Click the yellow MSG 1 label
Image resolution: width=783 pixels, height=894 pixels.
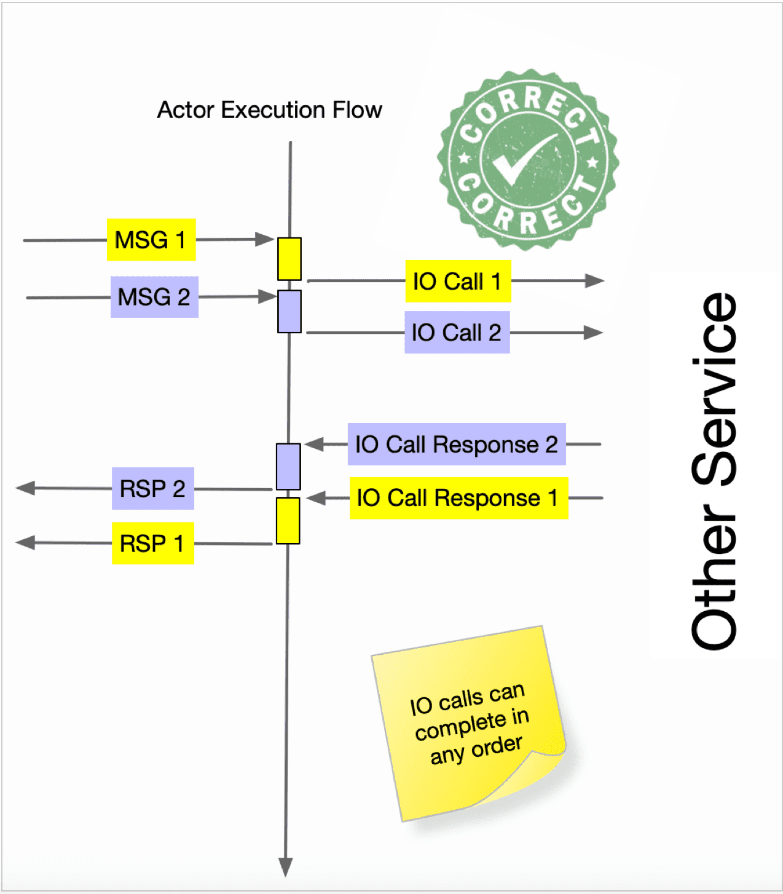pyautogui.click(x=151, y=240)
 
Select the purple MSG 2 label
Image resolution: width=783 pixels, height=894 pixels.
pyautogui.click(x=154, y=297)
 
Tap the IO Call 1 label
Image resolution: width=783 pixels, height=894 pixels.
pyautogui.click(x=458, y=282)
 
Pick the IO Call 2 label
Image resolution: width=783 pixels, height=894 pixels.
pyautogui.click(x=457, y=333)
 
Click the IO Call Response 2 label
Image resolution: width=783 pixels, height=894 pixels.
pyautogui.click(x=456, y=444)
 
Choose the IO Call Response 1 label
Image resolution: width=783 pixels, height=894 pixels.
pyautogui.click(x=458, y=498)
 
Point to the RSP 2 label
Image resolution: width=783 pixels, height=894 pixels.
pyautogui.click(x=152, y=489)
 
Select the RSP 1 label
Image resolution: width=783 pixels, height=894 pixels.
pyautogui.click(x=152, y=544)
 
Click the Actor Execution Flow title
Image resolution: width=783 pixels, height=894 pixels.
pyautogui.click(x=269, y=110)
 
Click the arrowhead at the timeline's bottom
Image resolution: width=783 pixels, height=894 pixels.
pyautogui.click(x=285, y=867)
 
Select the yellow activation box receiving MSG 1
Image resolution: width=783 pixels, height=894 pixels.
pyautogui.click(x=289, y=259)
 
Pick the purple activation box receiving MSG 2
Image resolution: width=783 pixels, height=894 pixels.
pyautogui.click(x=289, y=312)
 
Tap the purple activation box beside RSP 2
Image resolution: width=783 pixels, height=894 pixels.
pyautogui.click(x=288, y=467)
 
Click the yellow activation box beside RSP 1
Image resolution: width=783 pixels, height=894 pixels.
pyautogui.click(x=288, y=521)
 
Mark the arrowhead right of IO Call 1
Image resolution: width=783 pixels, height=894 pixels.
pyautogui.click(x=594, y=281)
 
